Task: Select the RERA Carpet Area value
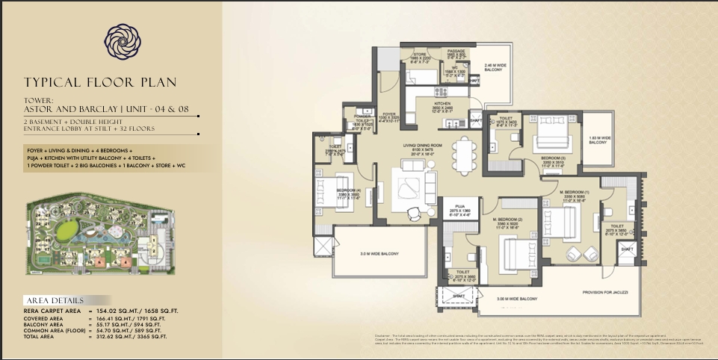132,310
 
